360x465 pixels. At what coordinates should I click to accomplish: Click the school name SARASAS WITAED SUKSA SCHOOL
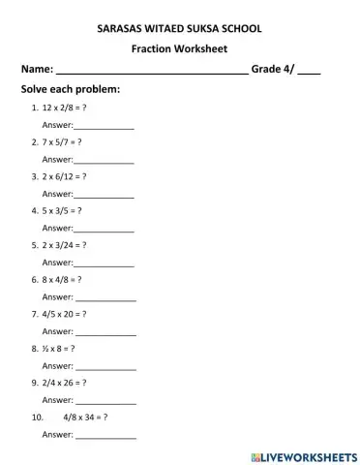click(x=179, y=30)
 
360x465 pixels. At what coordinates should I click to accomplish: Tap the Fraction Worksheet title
click(x=179, y=49)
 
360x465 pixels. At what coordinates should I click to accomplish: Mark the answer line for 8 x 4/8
click(x=105, y=298)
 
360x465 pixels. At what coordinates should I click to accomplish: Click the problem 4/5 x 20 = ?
click(x=66, y=315)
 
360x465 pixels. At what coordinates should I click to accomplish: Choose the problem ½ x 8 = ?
click(x=61, y=348)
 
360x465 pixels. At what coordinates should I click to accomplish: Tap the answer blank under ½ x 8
click(x=105, y=367)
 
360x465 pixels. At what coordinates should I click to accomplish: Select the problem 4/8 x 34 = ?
click(x=85, y=418)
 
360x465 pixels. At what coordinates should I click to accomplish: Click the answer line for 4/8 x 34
click(x=105, y=436)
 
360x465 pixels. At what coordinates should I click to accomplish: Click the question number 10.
click(x=38, y=418)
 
